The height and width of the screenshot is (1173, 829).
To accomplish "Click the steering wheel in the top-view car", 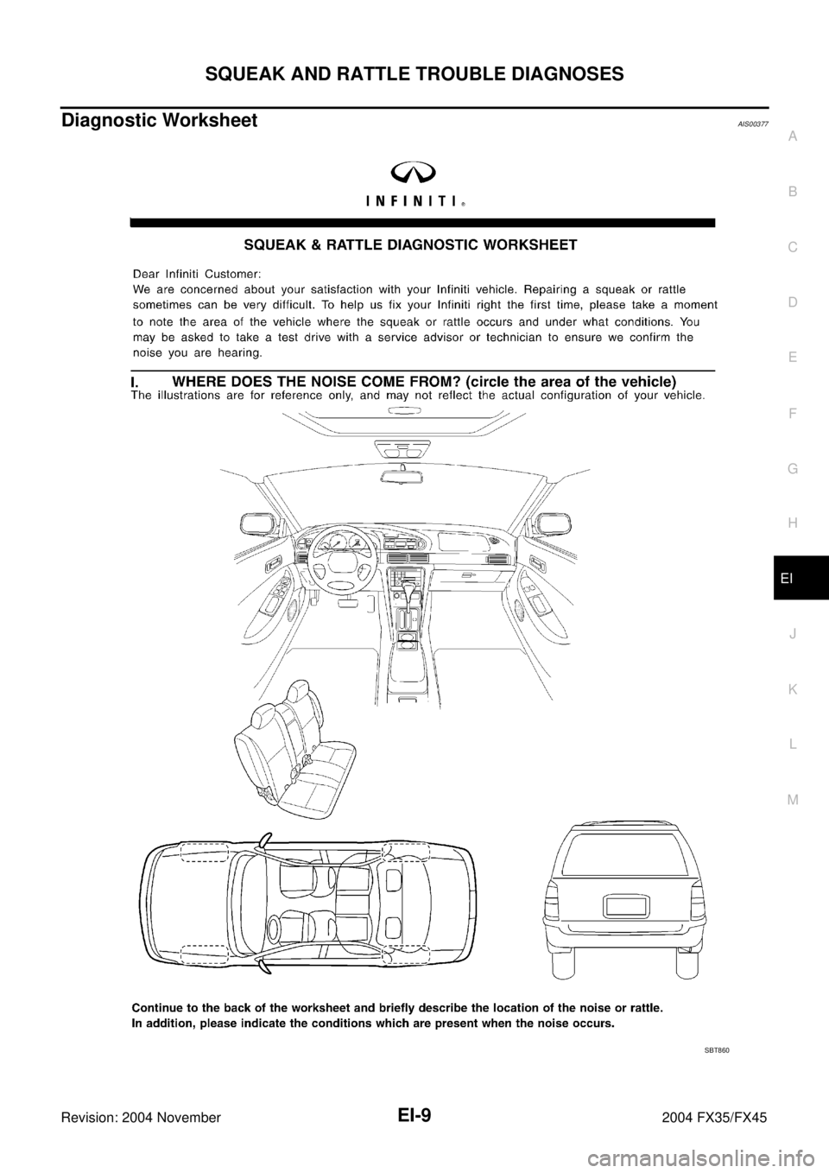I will point(276,929).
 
